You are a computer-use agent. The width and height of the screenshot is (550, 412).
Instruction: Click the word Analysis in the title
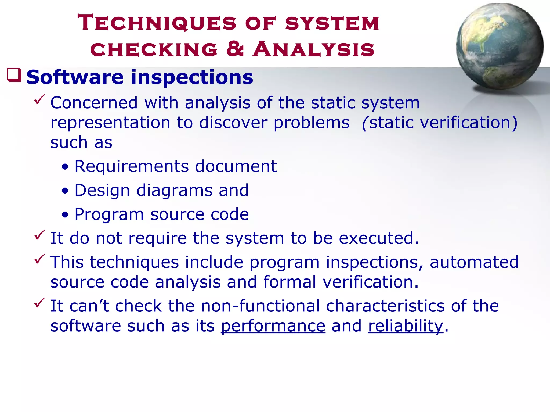tap(313, 49)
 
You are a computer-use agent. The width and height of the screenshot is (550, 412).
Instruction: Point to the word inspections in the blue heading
tap(192, 77)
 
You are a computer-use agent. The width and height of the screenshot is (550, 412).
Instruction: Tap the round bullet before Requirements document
tap(65, 167)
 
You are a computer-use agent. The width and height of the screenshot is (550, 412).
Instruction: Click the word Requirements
tap(132, 166)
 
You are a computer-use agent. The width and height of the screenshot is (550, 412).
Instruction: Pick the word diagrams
tap(174, 191)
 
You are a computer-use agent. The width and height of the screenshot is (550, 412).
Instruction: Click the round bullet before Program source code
tap(65, 215)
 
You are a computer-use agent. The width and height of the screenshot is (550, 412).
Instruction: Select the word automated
tap(474, 262)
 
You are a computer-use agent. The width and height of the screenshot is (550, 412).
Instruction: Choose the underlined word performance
tap(273, 326)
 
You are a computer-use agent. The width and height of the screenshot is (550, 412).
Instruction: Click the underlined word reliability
tap(406, 326)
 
